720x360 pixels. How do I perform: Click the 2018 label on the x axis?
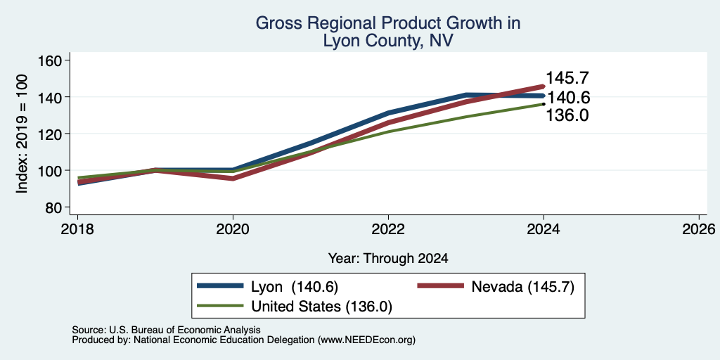(77, 229)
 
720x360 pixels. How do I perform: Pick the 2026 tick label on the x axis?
(699, 229)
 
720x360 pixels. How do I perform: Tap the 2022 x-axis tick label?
(388, 229)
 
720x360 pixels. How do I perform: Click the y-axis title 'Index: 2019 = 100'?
(22, 134)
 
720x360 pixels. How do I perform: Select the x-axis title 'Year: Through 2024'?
(388, 259)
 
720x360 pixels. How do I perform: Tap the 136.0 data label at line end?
(567, 115)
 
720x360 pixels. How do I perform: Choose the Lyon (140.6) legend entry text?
(295, 287)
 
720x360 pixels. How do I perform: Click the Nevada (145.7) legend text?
(522, 287)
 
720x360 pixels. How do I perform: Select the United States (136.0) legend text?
(321, 307)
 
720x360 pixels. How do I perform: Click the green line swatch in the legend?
(220, 305)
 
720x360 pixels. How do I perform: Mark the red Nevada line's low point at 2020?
(233, 179)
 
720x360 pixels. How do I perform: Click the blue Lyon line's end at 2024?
(544, 96)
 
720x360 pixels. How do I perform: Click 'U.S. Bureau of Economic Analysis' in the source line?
(185, 330)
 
